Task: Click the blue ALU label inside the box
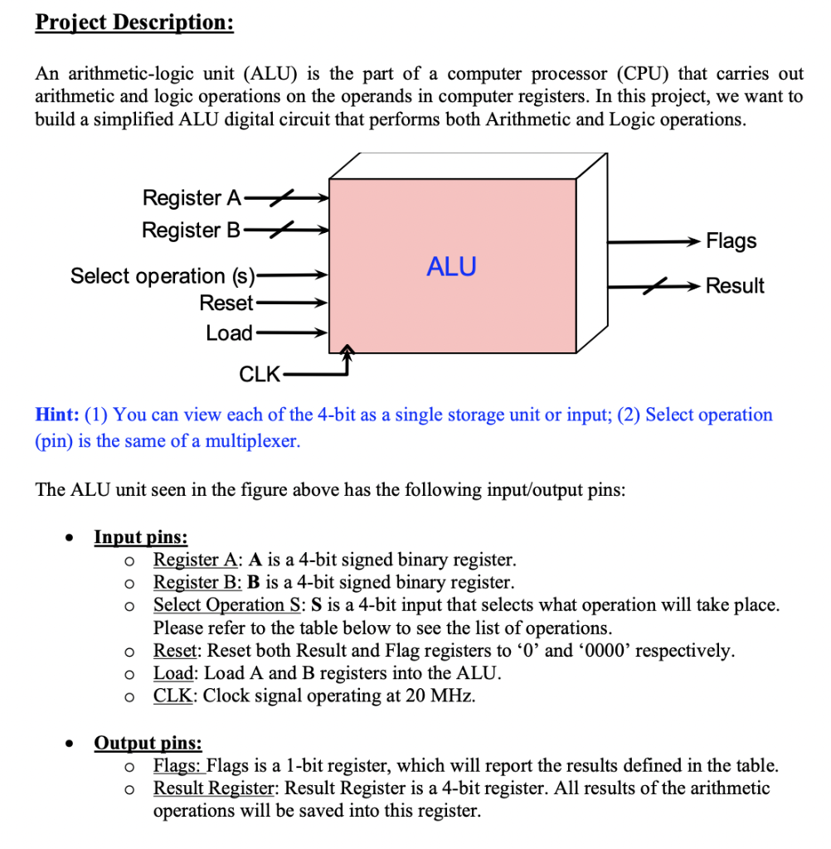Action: click(x=451, y=266)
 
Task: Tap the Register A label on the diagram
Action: click(x=192, y=197)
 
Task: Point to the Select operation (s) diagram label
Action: click(x=163, y=275)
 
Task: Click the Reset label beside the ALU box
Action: click(x=226, y=303)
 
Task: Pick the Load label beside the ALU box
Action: click(x=230, y=333)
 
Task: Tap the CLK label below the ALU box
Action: click(x=260, y=374)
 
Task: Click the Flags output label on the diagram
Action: click(x=731, y=241)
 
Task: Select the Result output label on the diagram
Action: click(x=735, y=286)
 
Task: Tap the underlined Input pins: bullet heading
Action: click(x=141, y=537)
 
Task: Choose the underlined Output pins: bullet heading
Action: click(x=148, y=743)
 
